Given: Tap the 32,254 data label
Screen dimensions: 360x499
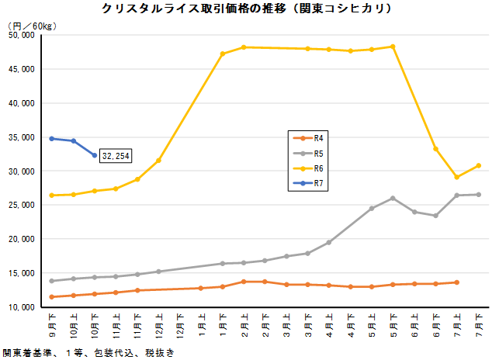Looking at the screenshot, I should coord(116,156).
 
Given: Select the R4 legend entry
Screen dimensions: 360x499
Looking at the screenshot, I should coord(319,137).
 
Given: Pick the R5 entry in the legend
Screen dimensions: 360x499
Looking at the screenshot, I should coord(319,152).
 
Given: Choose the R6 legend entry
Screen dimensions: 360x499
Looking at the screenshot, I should coord(319,168).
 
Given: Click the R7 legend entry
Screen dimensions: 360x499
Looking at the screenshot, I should coord(319,183).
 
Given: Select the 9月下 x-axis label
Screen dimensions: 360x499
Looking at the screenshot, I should coord(52,320).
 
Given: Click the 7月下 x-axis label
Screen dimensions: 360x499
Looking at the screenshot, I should coord(478,320).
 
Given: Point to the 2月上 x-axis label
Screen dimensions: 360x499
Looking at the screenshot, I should coord(244,320).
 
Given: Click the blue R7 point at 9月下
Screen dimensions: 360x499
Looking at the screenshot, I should coord(52,138).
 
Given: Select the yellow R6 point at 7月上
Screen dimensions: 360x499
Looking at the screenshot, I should coord(457,177).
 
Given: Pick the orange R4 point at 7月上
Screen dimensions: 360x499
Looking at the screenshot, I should coord(457,282).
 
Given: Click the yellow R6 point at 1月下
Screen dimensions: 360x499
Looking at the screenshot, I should coord(223,54).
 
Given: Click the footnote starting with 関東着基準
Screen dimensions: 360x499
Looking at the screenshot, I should coord(88,353).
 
